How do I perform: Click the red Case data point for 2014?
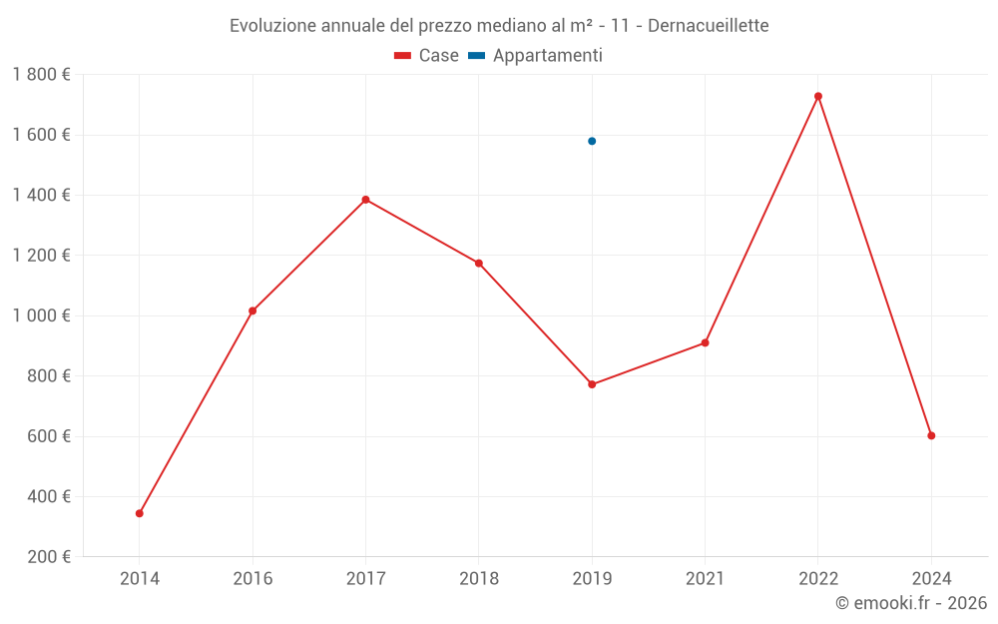tap(140, 513)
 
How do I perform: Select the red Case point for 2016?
tap(252, 311)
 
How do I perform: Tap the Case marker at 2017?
tap(365, 200)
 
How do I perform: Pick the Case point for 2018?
tap(479, 264)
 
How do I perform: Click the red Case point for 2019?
tap(592, 384)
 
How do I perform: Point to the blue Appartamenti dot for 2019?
tap(592, 141)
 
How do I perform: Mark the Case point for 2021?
tap(705, 342)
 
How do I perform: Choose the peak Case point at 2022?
tap(818, 96)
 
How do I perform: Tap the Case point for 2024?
tap(931, 435)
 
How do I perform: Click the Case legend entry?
tap(427, 56)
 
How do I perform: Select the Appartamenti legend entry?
tap(536, 56)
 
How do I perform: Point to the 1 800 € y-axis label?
tap(41, 75)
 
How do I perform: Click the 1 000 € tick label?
tap(41, 315)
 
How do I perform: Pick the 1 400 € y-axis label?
tap(41, 196)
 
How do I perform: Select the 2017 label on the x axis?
tap(365, 578)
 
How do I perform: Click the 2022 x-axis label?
tap(818, 578)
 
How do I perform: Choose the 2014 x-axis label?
tap(140, 578)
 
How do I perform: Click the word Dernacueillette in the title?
tap(708, 26)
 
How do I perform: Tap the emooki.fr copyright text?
tap(911, 603)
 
